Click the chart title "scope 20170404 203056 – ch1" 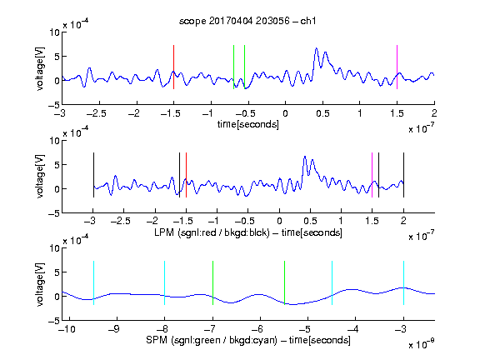coord(247,21)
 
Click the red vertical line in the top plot coord(173,67)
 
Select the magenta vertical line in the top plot coord(397,67)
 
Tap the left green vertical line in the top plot coord(233,67)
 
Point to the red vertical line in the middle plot coord(186,175)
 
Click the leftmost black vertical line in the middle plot coord(93,175)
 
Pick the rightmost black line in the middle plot coord(403,175)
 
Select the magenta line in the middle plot coord(372,175)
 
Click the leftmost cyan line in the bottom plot coord(93,282)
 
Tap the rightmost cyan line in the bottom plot coord(403,282)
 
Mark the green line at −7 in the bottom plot coord(212,282)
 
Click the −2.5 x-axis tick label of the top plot coord(96,113)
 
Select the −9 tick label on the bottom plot coord(114,329)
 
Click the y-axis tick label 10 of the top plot coord(55,32)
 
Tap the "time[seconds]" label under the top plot coord(248,124)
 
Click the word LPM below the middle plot coord(164,232)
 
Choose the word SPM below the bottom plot coord(157,340)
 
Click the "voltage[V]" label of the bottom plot coord(40,284)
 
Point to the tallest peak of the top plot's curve coord(316,48)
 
